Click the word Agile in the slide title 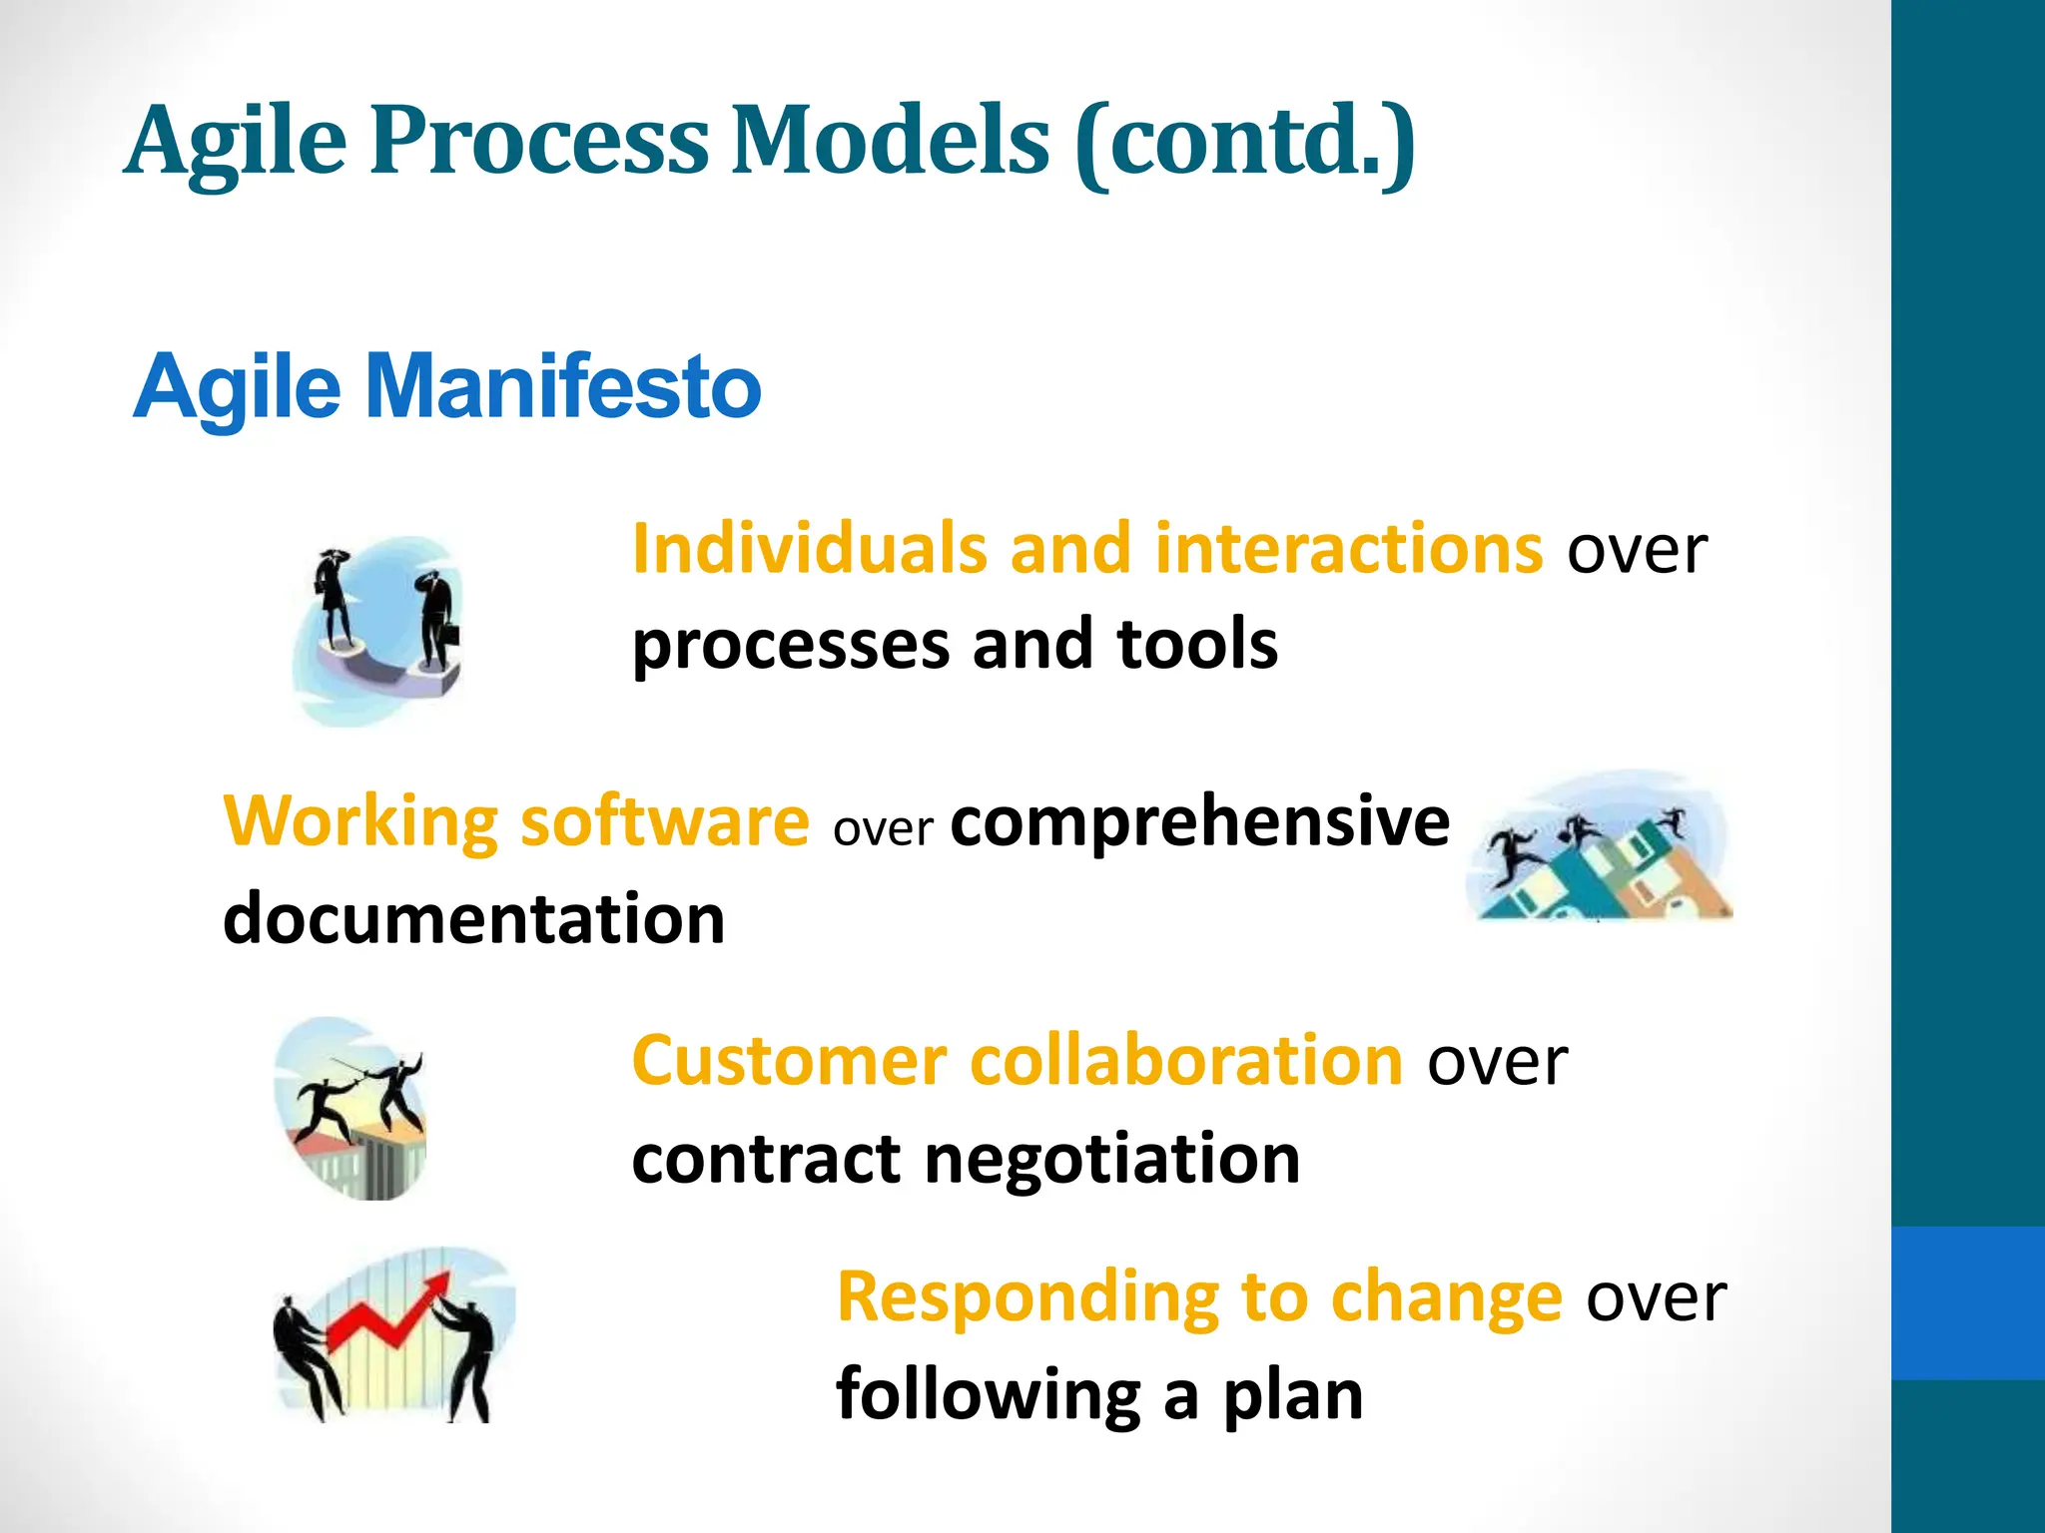(236, 143)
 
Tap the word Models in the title (890, 141)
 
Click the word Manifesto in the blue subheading (563, 387)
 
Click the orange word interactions (1349, 549)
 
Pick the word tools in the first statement (1197, 644)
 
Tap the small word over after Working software (883, 828)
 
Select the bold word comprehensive (1199, 822)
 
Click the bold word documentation (473, 918)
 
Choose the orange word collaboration (1187, 1060)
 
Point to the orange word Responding (1027, 1296)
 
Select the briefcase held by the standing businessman (451, 634)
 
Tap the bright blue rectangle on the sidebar (1967, 1302)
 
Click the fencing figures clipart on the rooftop (351, 1108)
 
